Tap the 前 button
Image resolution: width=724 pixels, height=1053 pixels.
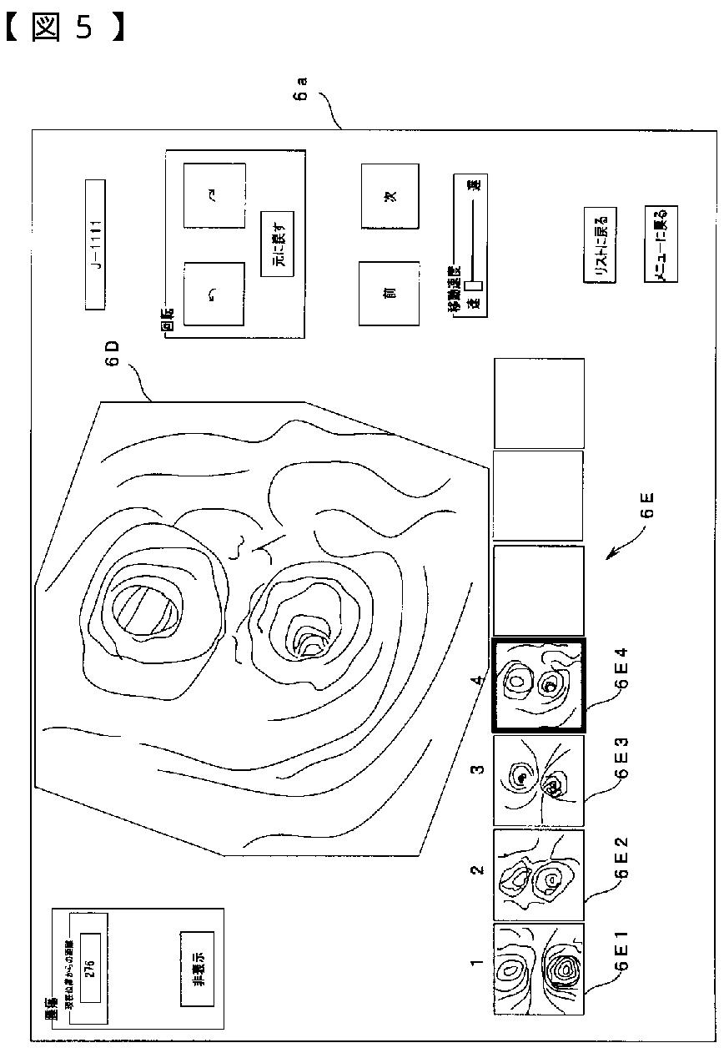click(390, 293)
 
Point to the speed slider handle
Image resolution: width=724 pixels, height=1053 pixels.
click(474, 285)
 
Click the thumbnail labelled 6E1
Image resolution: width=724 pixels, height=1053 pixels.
click(538, 969)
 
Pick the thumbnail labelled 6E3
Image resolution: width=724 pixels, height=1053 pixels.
click(538, 780)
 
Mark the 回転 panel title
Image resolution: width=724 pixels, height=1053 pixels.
click(166, 320)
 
